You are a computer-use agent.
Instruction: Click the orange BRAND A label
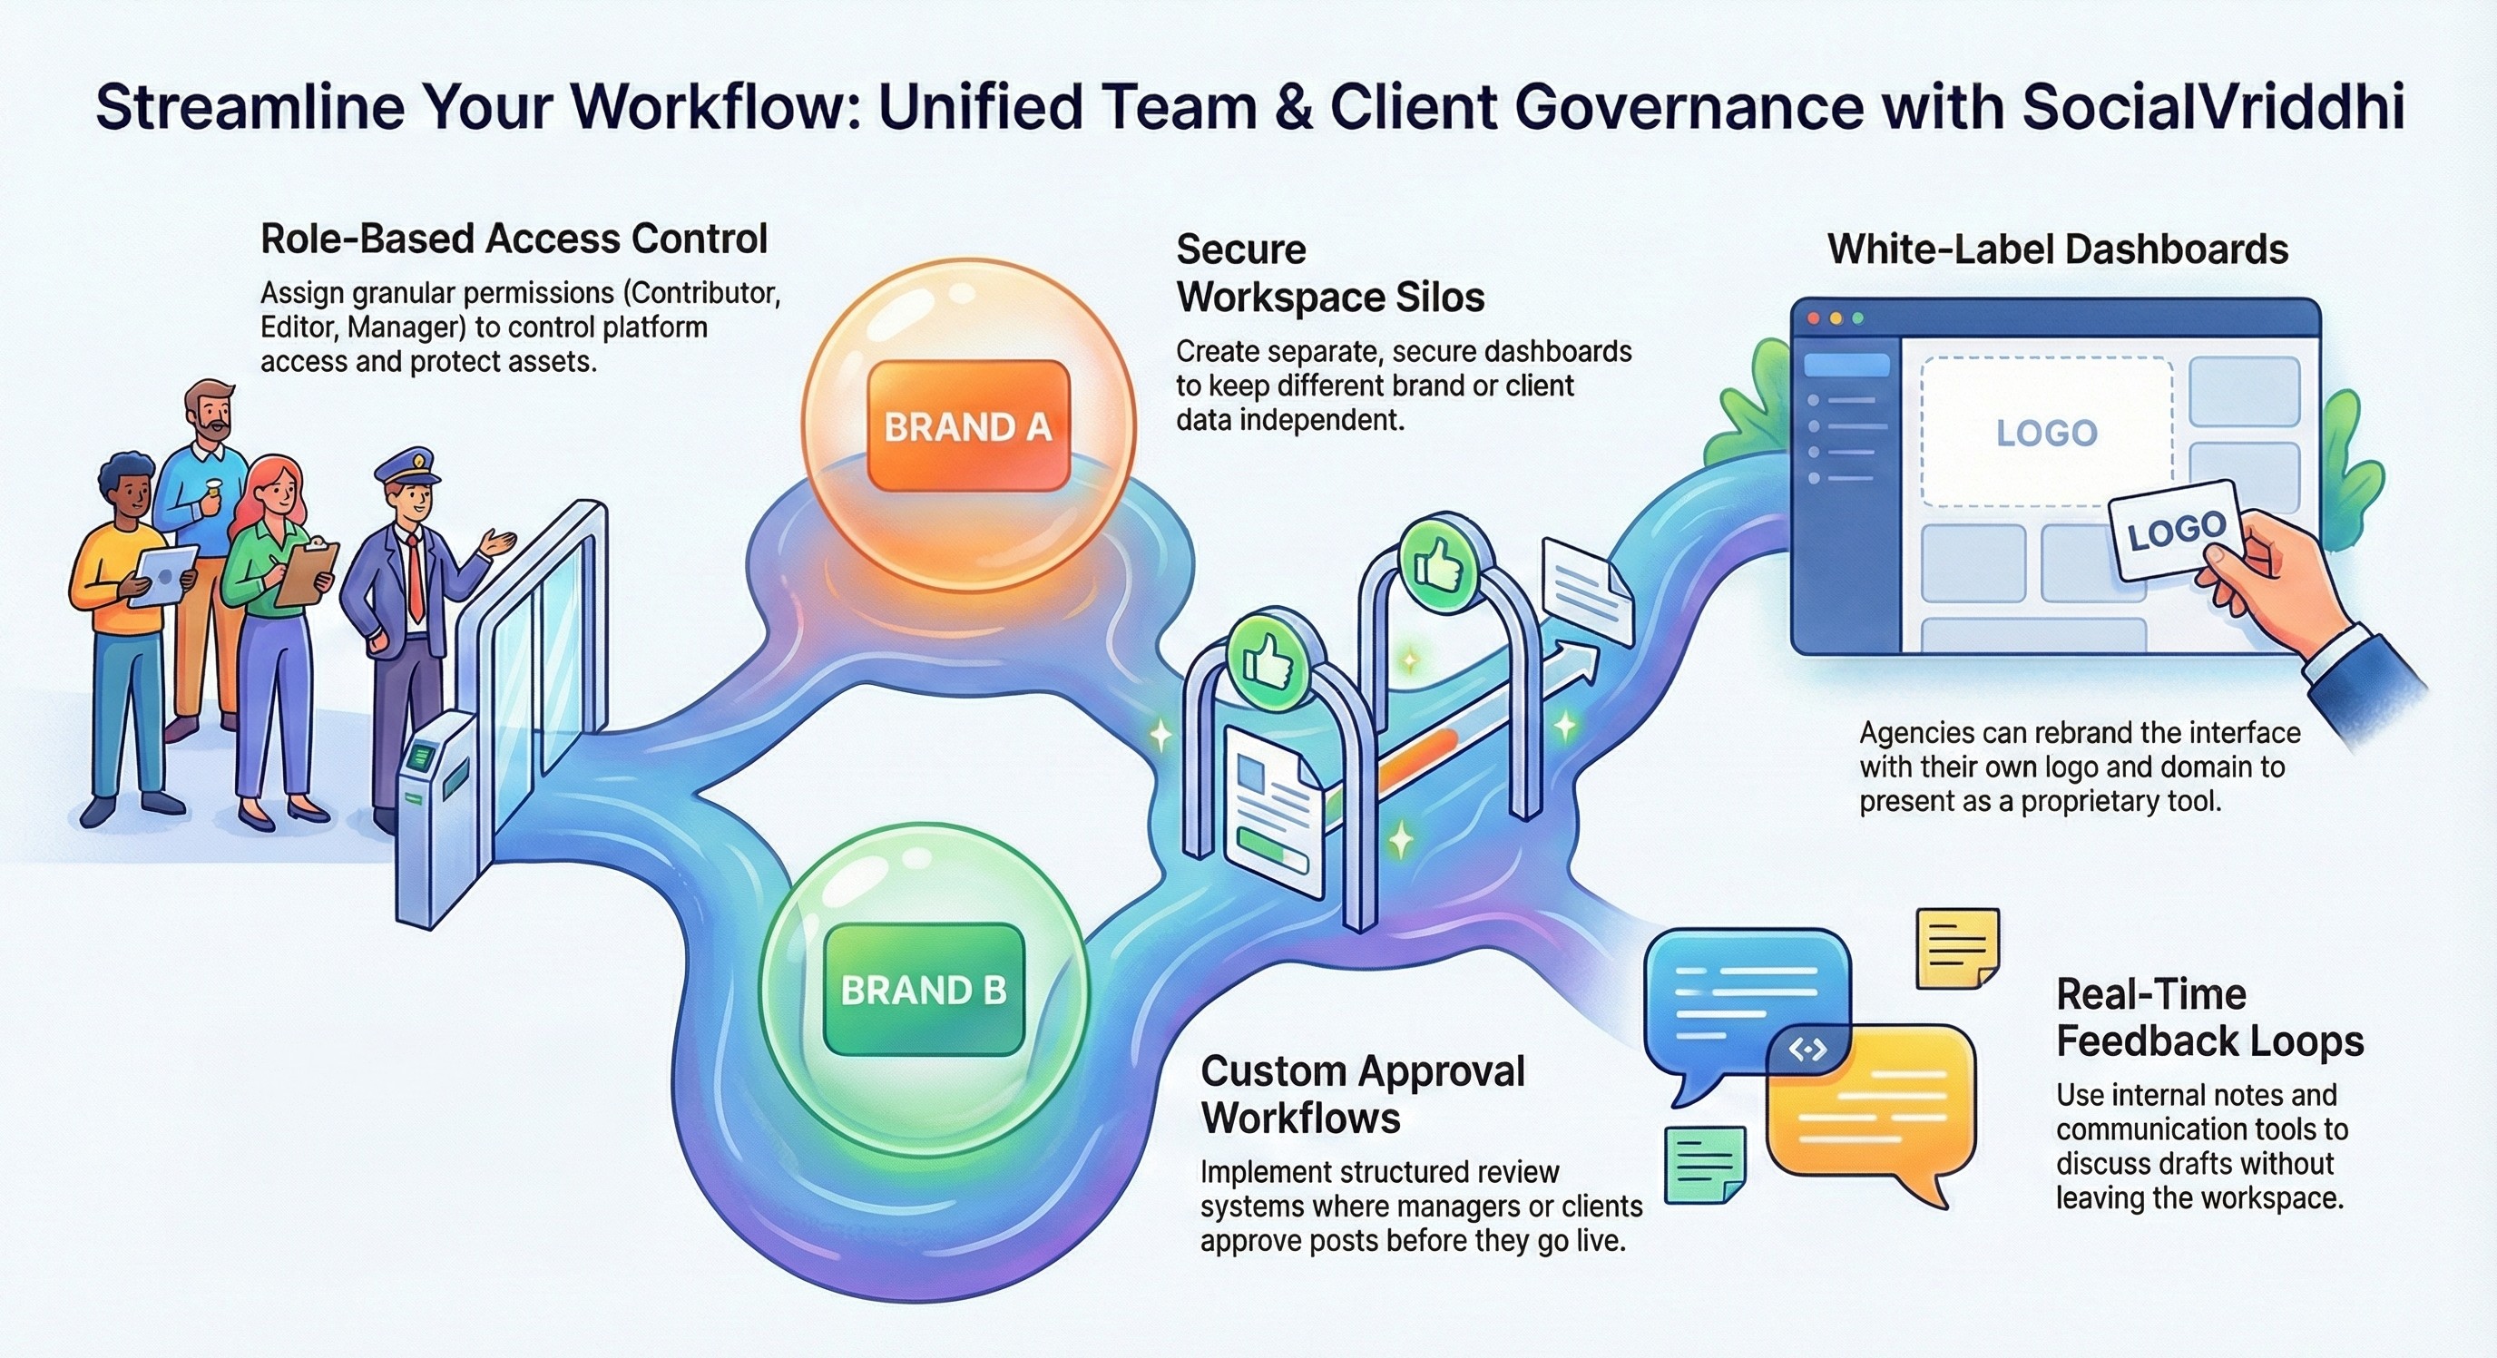click(967, 426)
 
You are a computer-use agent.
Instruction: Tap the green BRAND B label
click(923, 990)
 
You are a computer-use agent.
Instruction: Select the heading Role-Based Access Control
click(514, 239)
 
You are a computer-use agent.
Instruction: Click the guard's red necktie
click(415, 578)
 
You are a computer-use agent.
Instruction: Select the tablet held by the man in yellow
click(162, 576)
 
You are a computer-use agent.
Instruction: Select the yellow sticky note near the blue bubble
click(1957, 947)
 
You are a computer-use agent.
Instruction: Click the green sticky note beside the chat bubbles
click(1703, 1163)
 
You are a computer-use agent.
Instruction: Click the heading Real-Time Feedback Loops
click(2209, 1018)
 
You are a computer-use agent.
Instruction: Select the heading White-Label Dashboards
click(2057, 250)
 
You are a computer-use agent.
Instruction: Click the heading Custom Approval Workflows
click(1362, 1095)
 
